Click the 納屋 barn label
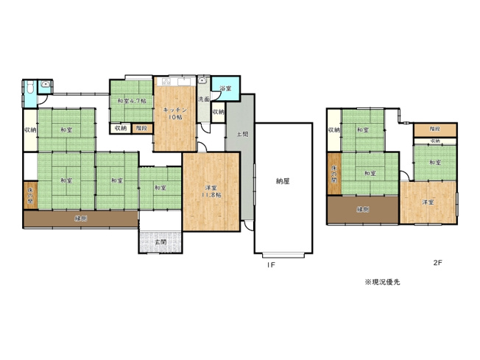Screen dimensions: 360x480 pos(282,180)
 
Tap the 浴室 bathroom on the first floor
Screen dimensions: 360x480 pos(225,88)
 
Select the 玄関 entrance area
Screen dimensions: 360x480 pos(160,241)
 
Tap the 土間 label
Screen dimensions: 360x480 pos(241,135)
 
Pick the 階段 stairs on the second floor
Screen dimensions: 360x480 pos(434,128)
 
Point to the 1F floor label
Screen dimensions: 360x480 pos(270,264)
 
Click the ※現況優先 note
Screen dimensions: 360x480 pos(382,282)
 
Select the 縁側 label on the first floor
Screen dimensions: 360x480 pos(80,219)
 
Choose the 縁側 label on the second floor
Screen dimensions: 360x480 pos(362,209)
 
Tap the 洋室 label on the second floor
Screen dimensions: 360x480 pos(428,202)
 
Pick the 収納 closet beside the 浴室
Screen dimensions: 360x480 pos(218,112)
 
